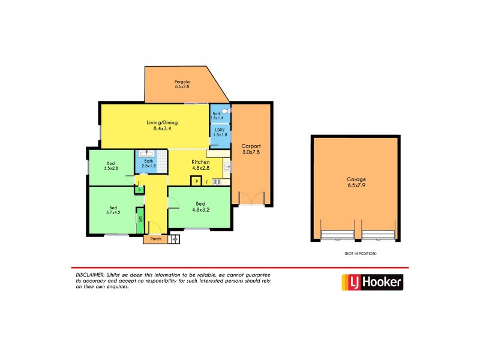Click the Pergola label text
[x=182, y=82]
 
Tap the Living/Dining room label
[x=162, y=123]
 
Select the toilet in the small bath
[x=224, y=111]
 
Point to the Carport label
[x=251, y=146]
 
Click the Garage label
[x=356, y=179]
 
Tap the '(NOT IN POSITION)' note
[x=360, y=254]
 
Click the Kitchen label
[x=200, y=163]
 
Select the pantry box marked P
[x=196, y=181]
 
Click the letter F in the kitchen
[x=208, y=182]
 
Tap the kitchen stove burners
[x=218, y=181]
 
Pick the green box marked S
[x=139, y=190]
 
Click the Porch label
[x=155, y=239]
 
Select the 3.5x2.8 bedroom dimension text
[x=112, y=169]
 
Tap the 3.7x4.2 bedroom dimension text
[x=113, y=212]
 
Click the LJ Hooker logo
[x=372, y=283]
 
